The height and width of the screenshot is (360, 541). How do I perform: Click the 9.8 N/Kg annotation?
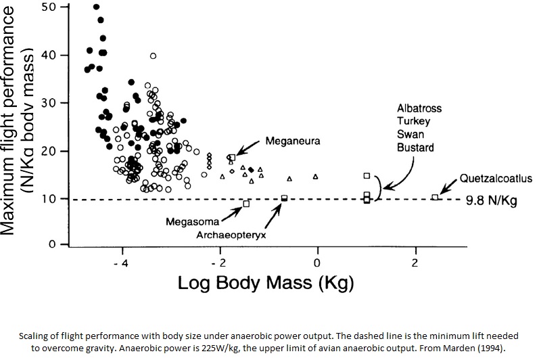click(491, 201)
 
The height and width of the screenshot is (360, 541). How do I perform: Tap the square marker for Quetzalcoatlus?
click(435, 198)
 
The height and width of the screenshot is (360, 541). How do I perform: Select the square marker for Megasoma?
click(246, 204)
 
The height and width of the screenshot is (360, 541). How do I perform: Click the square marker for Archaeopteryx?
click(284, 198)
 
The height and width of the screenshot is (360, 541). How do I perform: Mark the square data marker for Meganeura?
click(232, 158)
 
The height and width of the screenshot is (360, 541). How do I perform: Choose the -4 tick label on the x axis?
click(121, 263)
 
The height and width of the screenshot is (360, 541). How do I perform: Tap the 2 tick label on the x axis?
click(415, 263)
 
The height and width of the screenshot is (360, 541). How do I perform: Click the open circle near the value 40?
click(154, 55)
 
